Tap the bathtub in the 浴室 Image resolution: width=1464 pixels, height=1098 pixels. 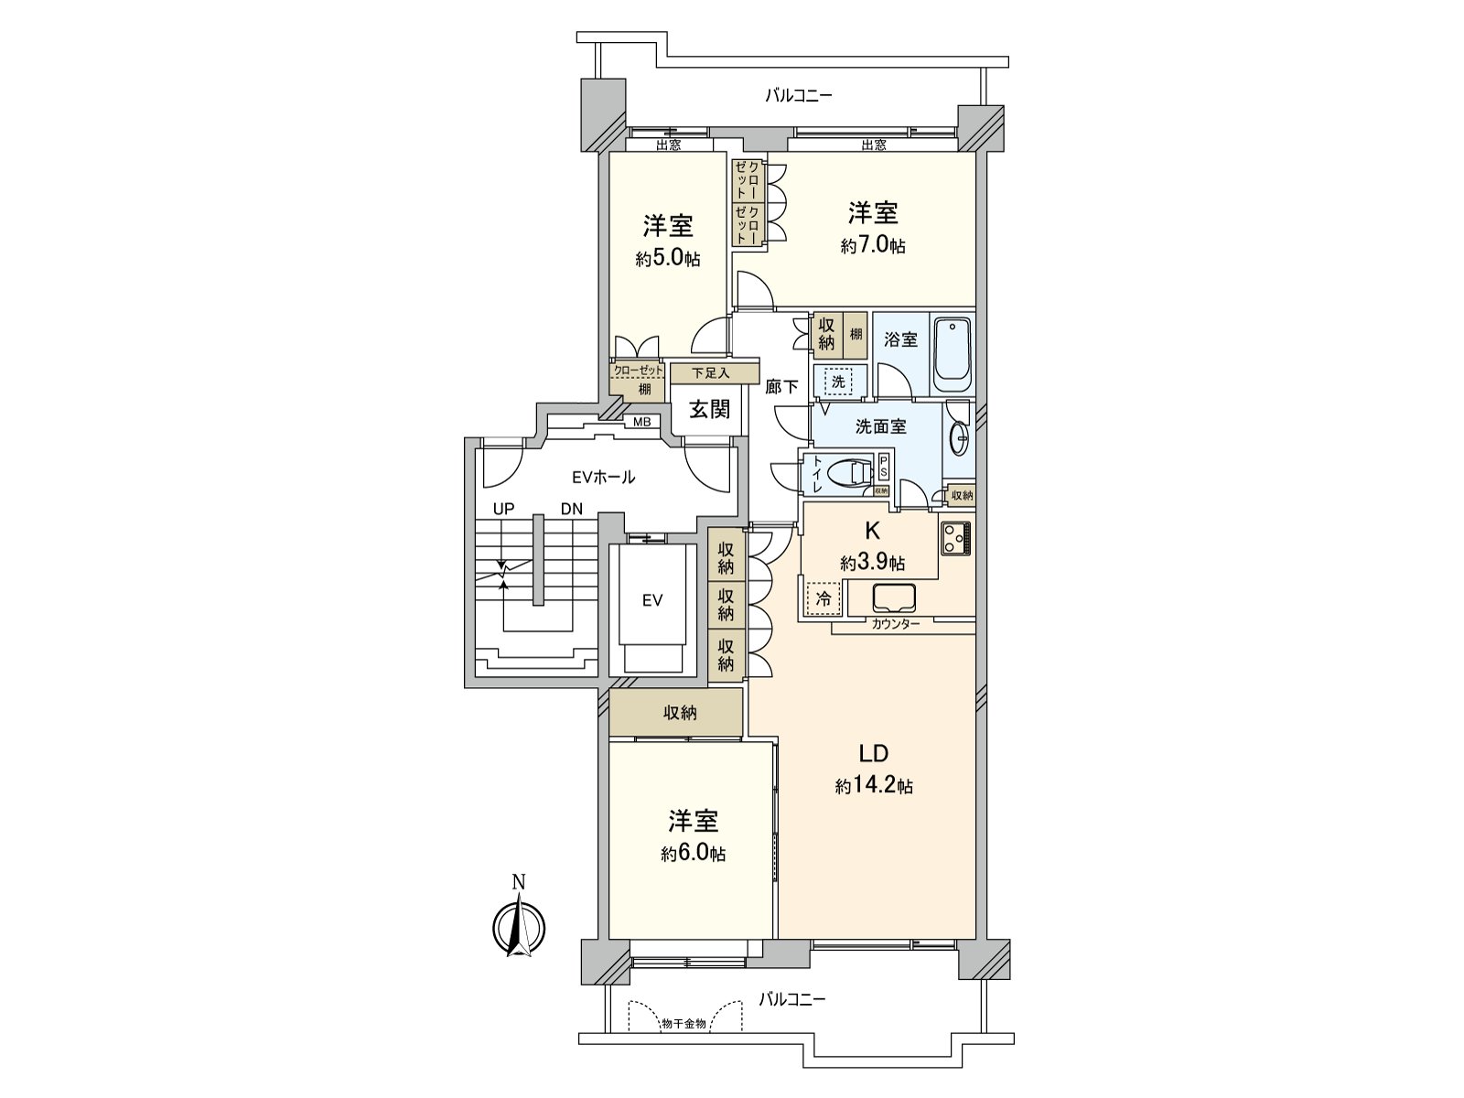point(952,352)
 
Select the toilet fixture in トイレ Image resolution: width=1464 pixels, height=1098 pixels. point(850,473)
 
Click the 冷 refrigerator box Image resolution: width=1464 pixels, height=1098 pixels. point(823,599)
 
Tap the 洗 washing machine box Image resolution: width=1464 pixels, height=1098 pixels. point(838,381)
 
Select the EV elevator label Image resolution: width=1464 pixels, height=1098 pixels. point(651,600)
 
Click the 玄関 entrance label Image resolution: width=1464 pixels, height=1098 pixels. point(709,409)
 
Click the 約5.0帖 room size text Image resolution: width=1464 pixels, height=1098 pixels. point(668,259)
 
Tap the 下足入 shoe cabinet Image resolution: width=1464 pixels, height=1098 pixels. point(714,373)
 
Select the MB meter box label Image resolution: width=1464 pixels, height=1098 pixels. point(642,422)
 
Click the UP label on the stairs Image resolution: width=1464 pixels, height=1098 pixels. point(501,508)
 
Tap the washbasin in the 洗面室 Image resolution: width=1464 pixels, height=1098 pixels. point(959,440)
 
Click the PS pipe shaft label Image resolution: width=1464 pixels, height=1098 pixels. point(883,467)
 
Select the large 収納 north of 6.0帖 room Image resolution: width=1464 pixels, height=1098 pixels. point(677,712)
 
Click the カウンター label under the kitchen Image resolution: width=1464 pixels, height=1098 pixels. point(895,623)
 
